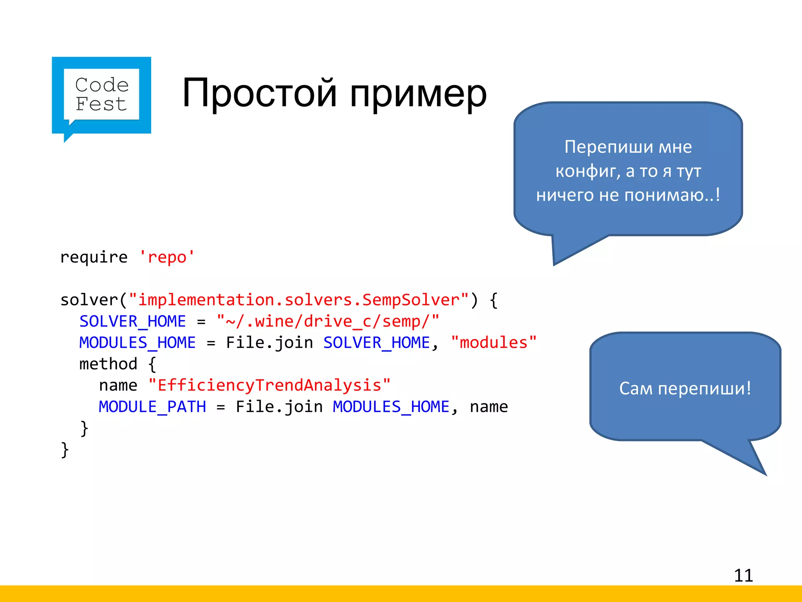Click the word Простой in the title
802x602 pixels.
click(x=260, y=93)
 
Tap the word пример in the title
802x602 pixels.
click(x=418, y=94)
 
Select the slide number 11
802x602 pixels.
click(x=743, y=575)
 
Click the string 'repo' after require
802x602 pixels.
click(x=167, y=257)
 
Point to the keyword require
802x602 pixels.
click(x=94, y=257)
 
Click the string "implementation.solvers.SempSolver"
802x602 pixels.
click(x=299, y=300)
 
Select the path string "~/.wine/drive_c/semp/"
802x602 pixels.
click(x=328, y=321)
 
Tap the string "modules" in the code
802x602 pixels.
click(x=493, y=343)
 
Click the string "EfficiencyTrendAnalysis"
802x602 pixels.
click(x=269, y=386)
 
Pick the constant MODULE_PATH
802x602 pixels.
click(x=152, y=407)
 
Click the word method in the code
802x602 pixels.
click(x=108, y=364)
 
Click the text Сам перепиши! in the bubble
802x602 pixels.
click(x=685, y=388)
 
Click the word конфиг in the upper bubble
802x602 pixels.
click(x=587, y=171)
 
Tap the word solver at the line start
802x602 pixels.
click(x=89, y=300)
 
